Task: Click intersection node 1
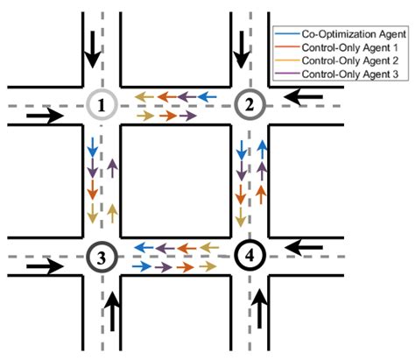pyautogui.click(x=102, y=106)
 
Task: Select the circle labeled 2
pyautogui.click(x=250, y=106)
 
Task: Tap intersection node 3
pyautogui.click(x=102, y=258)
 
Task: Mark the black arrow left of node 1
pyautogui.click(x=44, y=115)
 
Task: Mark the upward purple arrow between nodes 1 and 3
pyautogui.click(x=112, y=170)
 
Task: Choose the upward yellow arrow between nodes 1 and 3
pyautogui.click(x=112, y=213)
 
